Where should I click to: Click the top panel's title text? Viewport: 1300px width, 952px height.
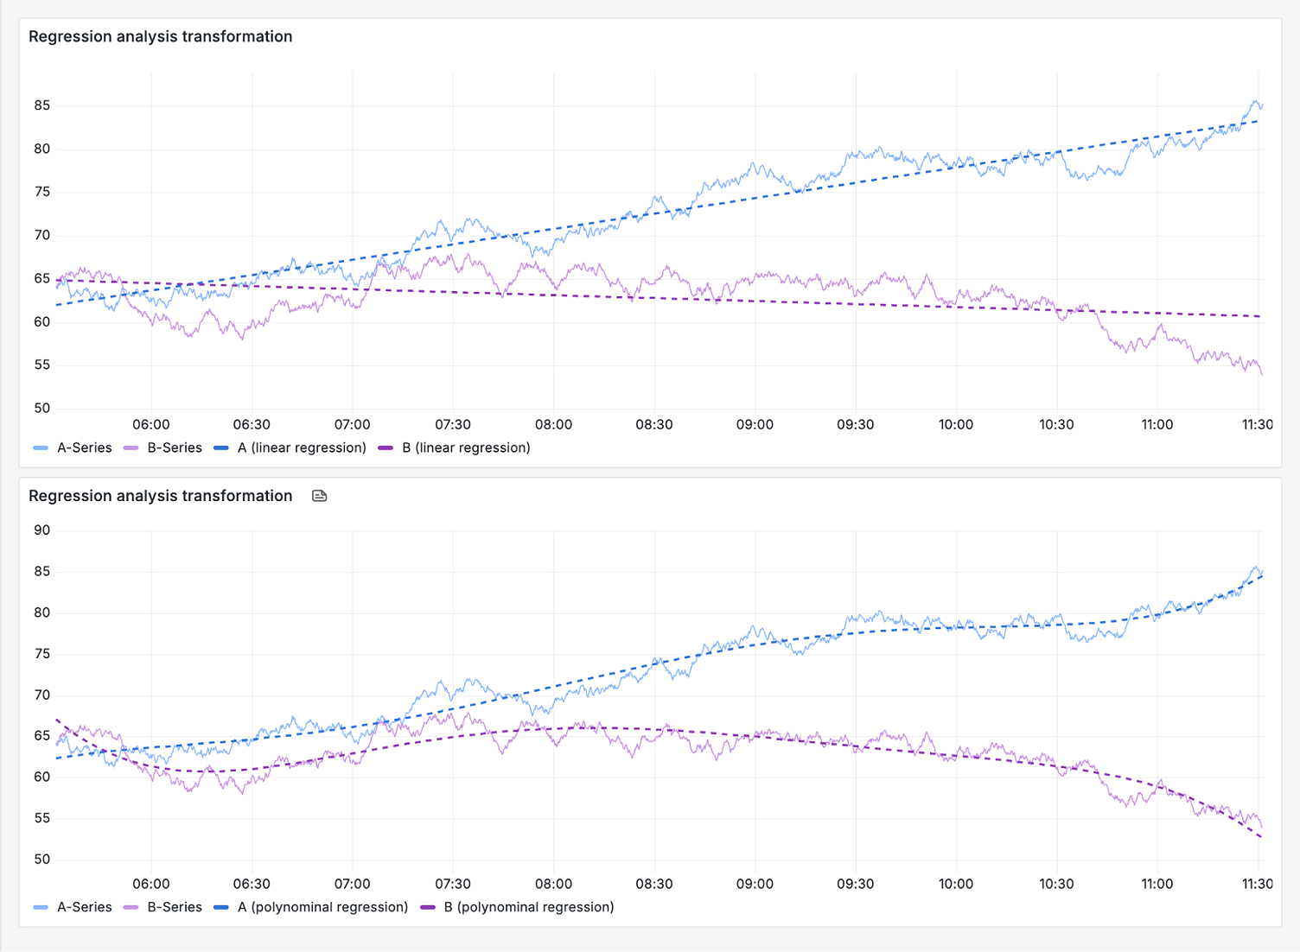coord(160,36)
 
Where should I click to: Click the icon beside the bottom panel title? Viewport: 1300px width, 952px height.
coord(319,496)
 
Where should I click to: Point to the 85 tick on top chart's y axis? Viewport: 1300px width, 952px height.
coord(42,105)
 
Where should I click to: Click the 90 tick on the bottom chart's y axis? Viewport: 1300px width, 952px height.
coord(42,530)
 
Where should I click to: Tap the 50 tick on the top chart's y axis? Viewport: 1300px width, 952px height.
coord(42,408)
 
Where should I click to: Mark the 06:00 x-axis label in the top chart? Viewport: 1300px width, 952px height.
coord(151,424)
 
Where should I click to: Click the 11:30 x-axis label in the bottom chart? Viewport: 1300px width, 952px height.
coord(1257,884)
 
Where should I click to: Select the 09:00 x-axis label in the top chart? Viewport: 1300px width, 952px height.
coord(755,424)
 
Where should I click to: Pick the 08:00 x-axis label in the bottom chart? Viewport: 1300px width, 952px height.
coord(553,884)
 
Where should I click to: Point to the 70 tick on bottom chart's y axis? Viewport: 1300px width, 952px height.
coord(42,695)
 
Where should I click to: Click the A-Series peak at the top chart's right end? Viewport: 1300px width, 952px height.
coord(1256,101)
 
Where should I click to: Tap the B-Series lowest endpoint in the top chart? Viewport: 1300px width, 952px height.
coord(1262,374)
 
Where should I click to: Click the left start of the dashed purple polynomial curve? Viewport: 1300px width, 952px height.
coord(57,720)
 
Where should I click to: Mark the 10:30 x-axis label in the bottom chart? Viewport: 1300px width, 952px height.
coord(1056,884)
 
